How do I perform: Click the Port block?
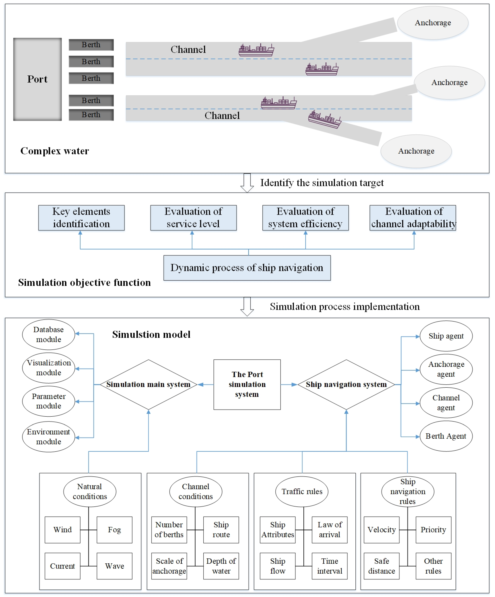coord(37,79)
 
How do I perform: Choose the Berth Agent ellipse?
coord(446,436)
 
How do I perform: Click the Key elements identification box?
coord(81,218)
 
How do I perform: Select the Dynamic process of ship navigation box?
coord(247,268)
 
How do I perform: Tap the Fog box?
coord(114,530)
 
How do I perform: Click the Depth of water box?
coord(221,566)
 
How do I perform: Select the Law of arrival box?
coord(330,530)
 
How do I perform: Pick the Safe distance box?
coord(382,566)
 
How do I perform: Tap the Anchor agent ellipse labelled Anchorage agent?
coord(446,369)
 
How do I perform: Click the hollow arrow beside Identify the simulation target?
coord(247,183)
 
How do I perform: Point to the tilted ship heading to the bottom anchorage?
coord(325,119)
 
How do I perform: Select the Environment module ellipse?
coord(49,437)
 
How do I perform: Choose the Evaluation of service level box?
coord(194,218)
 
